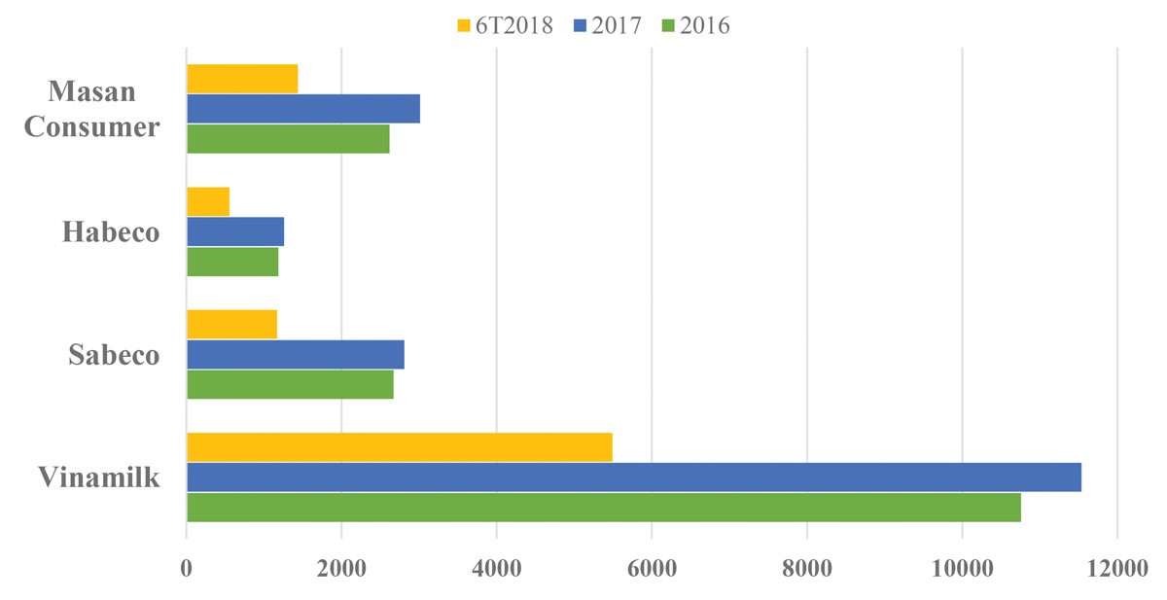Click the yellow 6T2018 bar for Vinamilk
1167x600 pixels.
point(399,447)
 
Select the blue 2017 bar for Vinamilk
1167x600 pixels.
point(633,477)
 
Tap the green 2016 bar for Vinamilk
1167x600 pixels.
point(603,508)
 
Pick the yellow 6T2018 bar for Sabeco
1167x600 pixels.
point(231,324)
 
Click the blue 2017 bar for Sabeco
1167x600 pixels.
point(295,354)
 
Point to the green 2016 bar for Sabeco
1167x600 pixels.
point(290,384)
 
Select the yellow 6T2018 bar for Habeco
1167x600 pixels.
point(207,201)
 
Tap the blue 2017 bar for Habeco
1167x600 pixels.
point(234,231)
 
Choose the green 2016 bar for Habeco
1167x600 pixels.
point(231,262)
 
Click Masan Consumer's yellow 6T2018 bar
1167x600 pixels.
point(241,78)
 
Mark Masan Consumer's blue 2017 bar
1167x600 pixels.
point(302,108)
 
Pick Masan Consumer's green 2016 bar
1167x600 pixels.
point(288,138)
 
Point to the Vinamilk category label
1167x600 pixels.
point(99,477)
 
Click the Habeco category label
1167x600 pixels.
point(111,232)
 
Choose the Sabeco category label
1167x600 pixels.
point(114,355)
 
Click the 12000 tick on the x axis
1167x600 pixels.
point(1116,570)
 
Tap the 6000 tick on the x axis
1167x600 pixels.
point(652,570)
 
